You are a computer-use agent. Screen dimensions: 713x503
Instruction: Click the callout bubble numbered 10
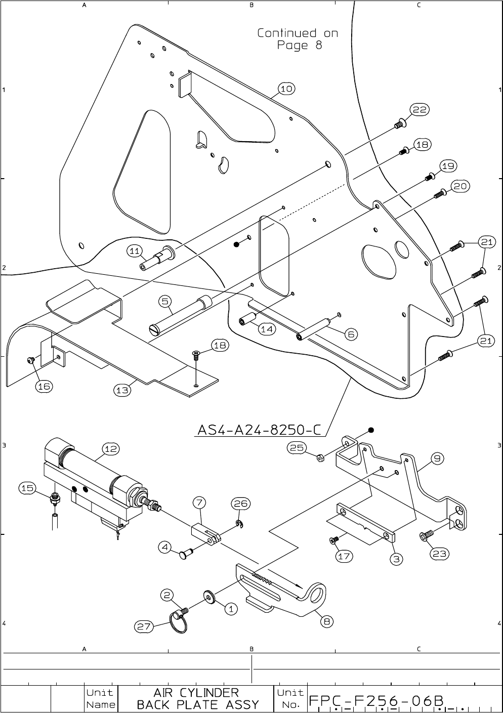pos(286,89)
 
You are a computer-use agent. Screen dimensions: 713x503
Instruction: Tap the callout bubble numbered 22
pos(420,110)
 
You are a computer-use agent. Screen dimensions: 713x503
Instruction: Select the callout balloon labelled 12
pos(111,448)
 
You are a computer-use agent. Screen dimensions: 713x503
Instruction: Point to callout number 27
pos(144,626)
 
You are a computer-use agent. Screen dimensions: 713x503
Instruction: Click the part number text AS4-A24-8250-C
pos(259,430)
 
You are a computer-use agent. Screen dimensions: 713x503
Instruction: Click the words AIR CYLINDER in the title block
pos(196,692)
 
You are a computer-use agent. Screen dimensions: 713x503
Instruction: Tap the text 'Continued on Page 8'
pos(298,39)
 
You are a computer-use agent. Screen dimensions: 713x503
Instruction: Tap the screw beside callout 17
pos(333,541)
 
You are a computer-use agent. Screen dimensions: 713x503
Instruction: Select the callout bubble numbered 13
pos(122,390)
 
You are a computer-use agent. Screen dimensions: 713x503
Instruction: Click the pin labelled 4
pos(185,555)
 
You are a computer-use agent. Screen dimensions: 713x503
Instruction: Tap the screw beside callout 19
pos(430,176)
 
